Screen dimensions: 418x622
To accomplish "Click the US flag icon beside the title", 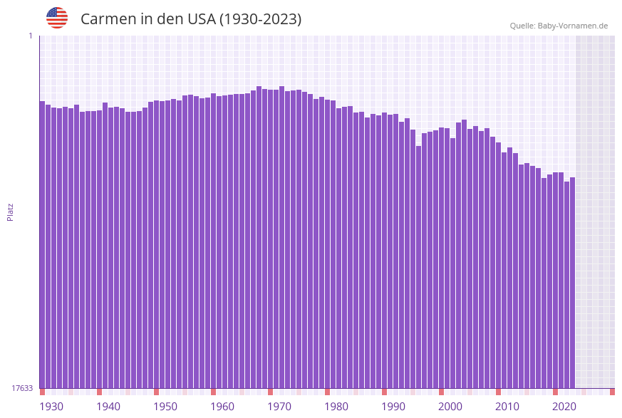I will tap(57, 18).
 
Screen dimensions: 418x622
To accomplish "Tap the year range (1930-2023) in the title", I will tap(260, 19).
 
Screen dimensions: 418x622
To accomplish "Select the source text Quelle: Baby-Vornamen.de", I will tap(559, 26).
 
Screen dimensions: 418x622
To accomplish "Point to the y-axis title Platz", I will tap(10, 211).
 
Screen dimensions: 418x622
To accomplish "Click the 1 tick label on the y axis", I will tap(30, 36).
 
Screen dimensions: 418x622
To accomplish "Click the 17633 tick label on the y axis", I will tap(22, 388).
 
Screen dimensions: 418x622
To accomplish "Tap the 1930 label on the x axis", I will tap(51, 407).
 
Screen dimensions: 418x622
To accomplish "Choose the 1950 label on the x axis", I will tap(165, 407).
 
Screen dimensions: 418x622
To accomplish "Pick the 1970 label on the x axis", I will tap(279, 407).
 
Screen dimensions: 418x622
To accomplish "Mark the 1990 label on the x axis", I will tap(393, 407).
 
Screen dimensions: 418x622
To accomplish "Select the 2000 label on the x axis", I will tap(450, 407).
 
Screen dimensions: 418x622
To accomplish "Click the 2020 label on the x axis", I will tap(564, 407).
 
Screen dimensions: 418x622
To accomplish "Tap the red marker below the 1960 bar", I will tap(213, 392).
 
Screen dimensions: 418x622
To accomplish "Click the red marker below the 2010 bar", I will tap(498, 392).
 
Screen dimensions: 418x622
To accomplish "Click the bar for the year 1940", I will tap(100, 249).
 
